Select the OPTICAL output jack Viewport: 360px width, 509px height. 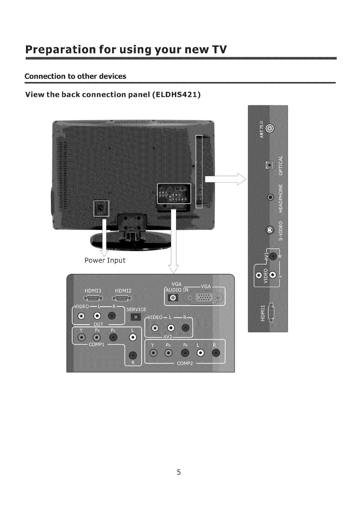point(269,165)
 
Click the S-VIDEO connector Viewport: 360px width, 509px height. point(270,230)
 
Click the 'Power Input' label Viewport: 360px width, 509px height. point(105,260)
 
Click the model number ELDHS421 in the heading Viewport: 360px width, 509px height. point(177,94)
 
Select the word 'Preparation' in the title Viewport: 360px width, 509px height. point(56,49)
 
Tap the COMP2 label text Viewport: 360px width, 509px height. point(185,363)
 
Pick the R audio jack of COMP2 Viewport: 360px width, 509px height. point(216,353)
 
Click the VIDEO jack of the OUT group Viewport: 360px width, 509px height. point(81,317)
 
